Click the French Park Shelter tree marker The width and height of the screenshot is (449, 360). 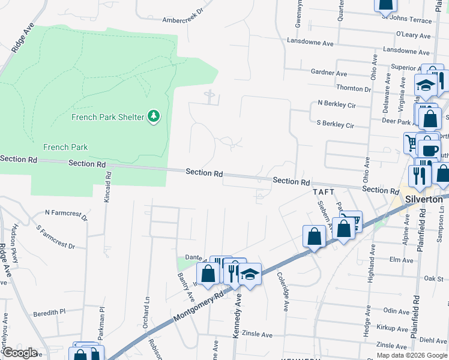pyautogui.click(x=154, y=116)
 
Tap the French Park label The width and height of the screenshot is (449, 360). pyautogui.click(x=65, y=147)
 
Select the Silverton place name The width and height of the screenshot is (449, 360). pyautogui.click(x=424, y=199)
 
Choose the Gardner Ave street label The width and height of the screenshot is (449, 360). pyautogui.click(x=329, y=73)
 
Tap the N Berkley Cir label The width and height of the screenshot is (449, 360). pyautogui.click(x=337, y=104)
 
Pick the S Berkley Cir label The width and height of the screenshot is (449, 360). pyautogui.click(x=335, y=125)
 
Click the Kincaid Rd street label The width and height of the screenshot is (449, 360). pyautogui.click(x=108, y=186)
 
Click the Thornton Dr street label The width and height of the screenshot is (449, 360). pyautogui.click(x=354, y=88)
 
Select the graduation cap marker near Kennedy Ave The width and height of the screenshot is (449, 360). pyautogui.click(x=250, y=274)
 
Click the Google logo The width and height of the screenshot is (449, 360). pyautogui.click(x=19, y=353)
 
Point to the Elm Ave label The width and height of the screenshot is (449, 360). pyautogui.click(x=402, y=260)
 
